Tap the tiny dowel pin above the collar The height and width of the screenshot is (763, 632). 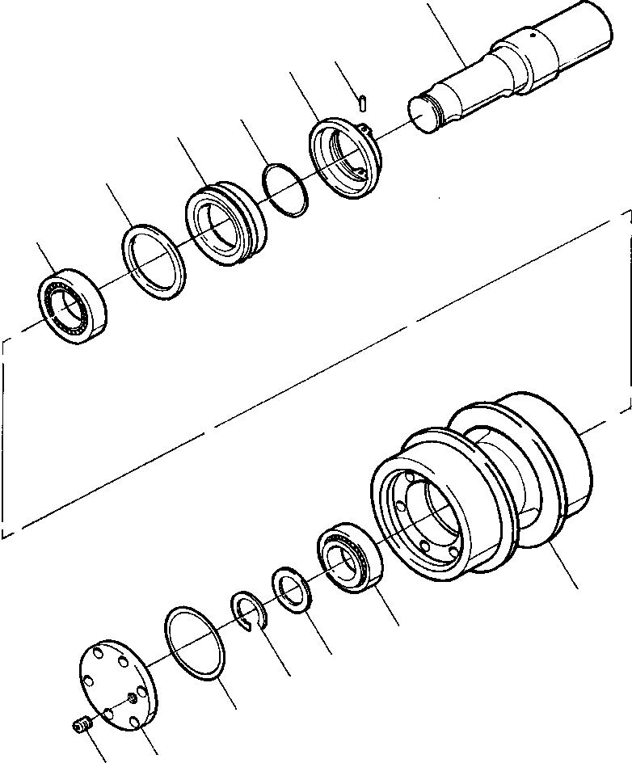[x=364, y=102]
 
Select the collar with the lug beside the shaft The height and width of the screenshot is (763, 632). [x=343, y=158]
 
